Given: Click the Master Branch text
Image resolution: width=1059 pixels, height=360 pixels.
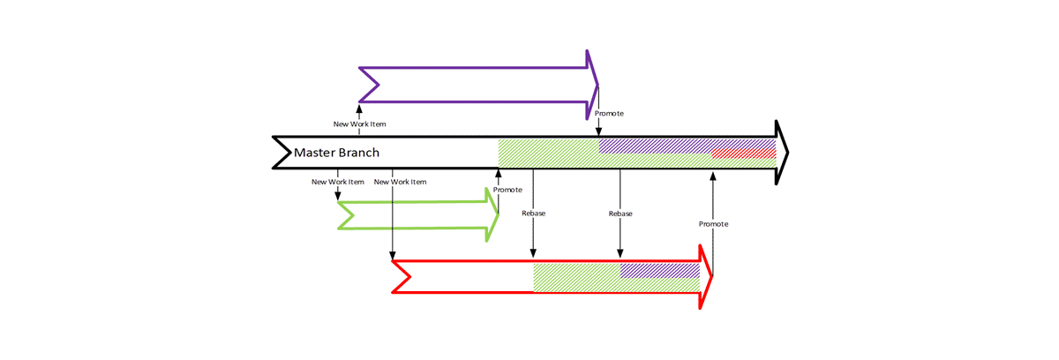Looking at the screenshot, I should tap(336, 153).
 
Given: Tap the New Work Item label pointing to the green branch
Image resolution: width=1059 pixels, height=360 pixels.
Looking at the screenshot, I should tap(338, 183).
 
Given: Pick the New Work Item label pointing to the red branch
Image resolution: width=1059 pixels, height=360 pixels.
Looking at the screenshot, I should tap(401, 183).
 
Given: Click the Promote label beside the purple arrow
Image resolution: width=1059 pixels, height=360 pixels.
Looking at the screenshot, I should tap(610, 114).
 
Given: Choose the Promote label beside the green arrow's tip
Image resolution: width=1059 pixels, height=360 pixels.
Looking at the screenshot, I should tap(507, 190).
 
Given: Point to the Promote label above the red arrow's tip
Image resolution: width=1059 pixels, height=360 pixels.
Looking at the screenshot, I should tap(713, 224).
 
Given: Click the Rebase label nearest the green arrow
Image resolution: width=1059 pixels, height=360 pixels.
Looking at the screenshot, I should tap(534, 214).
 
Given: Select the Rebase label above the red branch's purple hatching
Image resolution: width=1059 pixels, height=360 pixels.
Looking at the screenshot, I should tap(620, 214).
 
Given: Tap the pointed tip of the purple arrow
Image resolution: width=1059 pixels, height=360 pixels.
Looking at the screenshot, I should tap(597, 85).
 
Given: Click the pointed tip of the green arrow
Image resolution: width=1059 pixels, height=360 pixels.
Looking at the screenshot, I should tap(498, 215).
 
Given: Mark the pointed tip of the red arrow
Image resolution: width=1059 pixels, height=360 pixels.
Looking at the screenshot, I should tap(711, 276).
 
